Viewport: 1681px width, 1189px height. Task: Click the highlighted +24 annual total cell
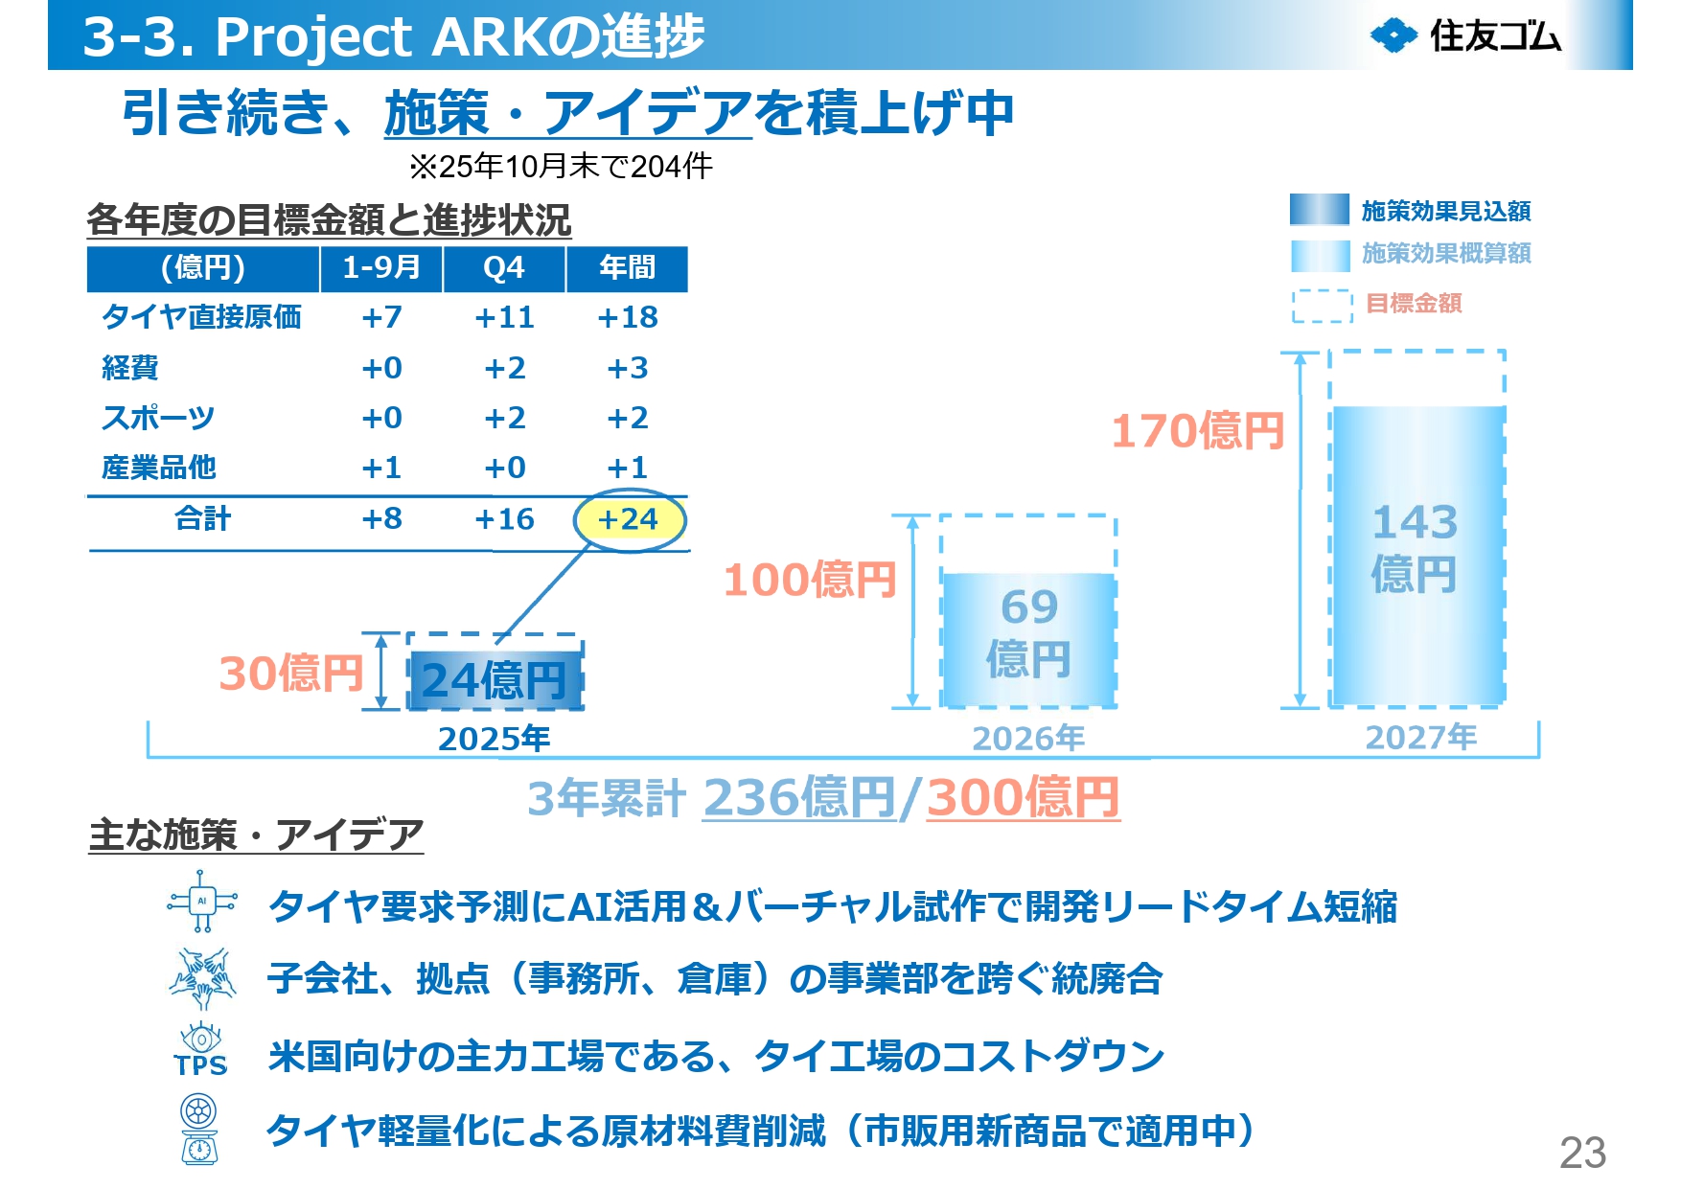point(629,520)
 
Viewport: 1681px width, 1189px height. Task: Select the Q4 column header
point(504,268)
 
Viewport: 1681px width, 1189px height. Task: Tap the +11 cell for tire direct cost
point(504,318)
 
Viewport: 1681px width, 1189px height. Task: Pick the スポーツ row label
point(158,419)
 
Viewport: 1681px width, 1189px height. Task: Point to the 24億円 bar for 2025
point(495,679)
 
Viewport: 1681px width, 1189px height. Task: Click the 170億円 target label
point(1197,431)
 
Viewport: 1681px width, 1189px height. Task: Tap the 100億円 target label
point(810,581)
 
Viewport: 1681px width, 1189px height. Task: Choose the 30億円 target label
point(290,674)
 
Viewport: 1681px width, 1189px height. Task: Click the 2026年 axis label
point(1028,739)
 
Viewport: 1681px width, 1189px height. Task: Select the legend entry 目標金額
point(1414,305)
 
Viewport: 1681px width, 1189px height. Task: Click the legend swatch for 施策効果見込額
point(1319,210)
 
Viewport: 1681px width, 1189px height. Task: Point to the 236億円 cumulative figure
point(799,797)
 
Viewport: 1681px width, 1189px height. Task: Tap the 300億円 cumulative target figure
point(1023,797)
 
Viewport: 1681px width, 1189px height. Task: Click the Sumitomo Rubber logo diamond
point(1393,36)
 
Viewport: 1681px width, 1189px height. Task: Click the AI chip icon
point(202,901)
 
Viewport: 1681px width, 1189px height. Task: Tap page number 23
point(1582,1153)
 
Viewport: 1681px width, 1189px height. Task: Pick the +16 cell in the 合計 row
point(504,520)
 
